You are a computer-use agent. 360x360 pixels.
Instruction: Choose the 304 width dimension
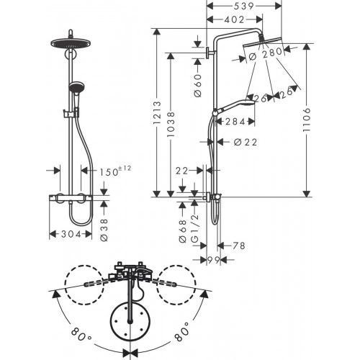[x=69, y=235]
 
